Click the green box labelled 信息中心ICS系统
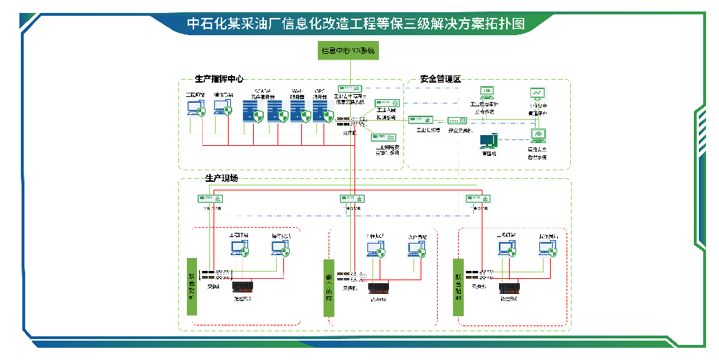click(348, 51)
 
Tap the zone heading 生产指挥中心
click(219, 79)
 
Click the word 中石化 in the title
click(202, 23)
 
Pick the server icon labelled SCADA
click(252, 111)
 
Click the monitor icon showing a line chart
click(537, 94)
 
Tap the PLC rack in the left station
click(243, 289)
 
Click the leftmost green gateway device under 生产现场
click(211, 198)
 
